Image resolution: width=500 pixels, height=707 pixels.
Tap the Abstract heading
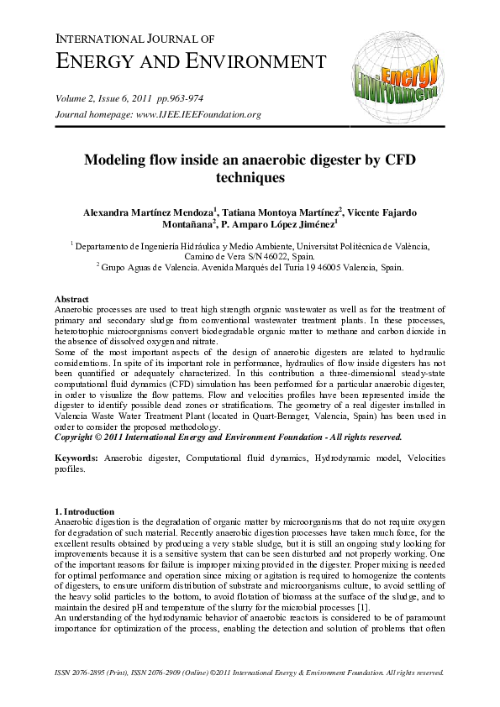tap(72, 299)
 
